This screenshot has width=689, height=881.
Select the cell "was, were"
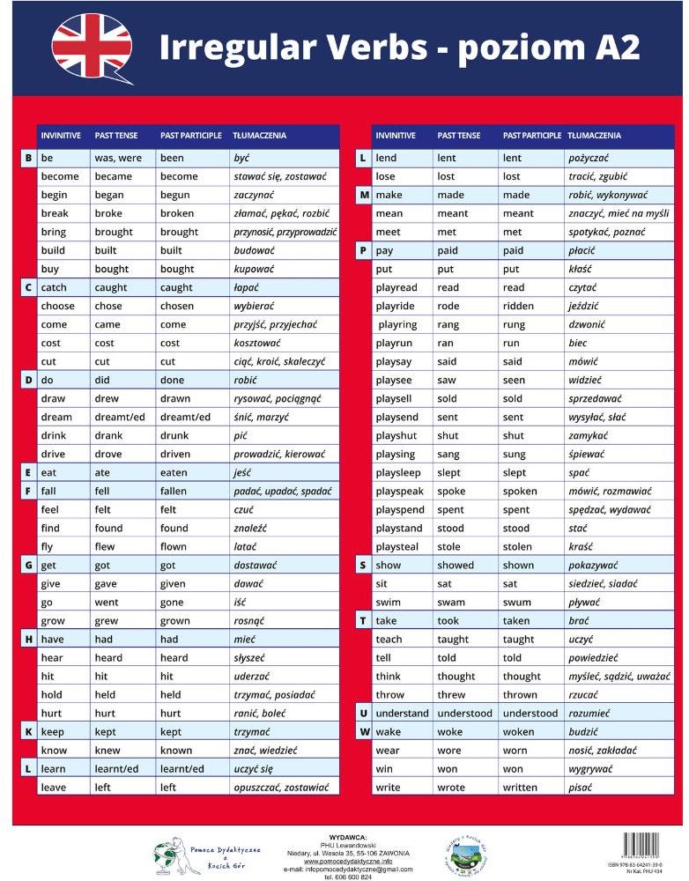coord(117,158)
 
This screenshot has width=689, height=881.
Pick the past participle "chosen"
coord(177,306)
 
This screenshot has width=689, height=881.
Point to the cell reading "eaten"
coord(174,472)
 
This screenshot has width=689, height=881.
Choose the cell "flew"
coord(104,546)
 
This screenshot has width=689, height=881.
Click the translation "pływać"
coord(584,603)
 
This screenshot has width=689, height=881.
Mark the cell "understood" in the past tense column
coord(464,714)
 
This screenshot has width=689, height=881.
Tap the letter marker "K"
coord(28,732)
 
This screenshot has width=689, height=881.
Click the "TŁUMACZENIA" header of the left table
coord(259,136)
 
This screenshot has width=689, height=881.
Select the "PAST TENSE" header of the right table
coord(459,136)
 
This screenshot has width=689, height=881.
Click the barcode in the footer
coord(642,847)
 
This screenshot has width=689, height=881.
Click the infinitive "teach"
coord(389,640)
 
